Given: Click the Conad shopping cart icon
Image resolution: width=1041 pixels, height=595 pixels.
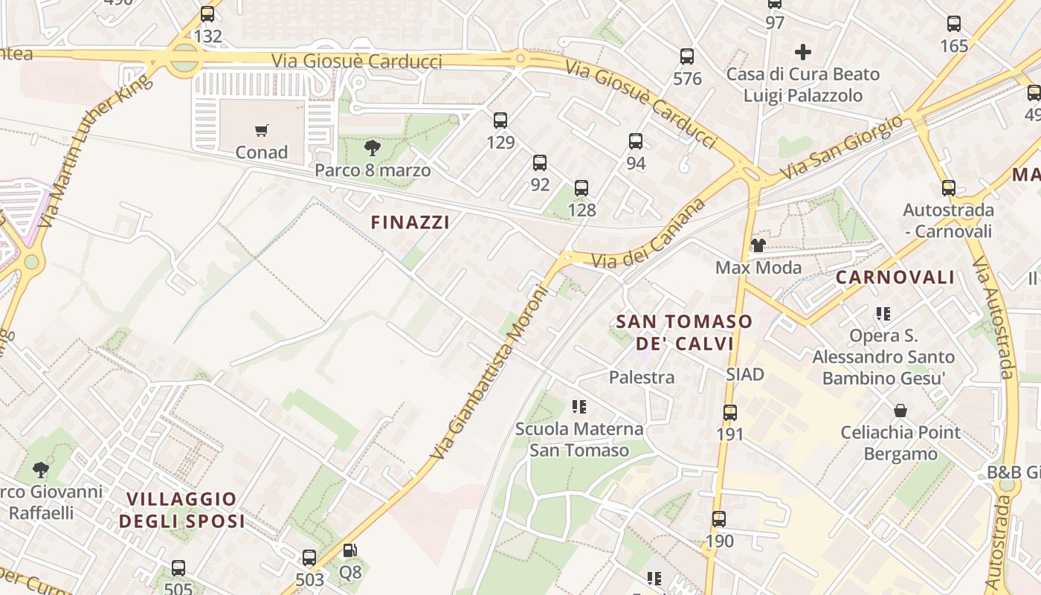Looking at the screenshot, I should (x=261, y=131).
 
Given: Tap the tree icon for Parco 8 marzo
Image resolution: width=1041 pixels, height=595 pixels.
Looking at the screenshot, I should (x=373, y=148).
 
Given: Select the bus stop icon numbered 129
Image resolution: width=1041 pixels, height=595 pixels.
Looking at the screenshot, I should (x=500, y=120).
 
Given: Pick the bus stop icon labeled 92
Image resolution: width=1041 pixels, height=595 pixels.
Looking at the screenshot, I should (x=540, y=163).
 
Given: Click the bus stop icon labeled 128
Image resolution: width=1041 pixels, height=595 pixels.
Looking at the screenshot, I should (x=581, y=188).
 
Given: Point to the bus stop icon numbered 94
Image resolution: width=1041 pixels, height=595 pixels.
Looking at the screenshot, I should (x=636, y=141).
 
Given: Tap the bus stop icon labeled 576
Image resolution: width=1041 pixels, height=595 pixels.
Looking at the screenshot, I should (x=687, y=57).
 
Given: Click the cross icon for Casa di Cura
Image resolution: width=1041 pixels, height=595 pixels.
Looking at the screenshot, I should (x=803, y=52).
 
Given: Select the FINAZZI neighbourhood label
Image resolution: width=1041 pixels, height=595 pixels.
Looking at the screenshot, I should (x=410, y=222).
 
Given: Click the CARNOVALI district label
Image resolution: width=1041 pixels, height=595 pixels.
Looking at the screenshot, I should (x=895, y=277).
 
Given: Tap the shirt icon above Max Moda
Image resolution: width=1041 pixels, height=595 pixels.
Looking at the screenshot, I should (x=758, y=245).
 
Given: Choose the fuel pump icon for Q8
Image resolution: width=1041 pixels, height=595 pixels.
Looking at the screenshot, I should (x=349, y=551).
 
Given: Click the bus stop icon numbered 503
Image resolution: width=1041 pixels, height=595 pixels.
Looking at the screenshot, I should (x=309, y=557).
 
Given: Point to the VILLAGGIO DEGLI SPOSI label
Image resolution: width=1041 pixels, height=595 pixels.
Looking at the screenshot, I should (x=181, y=509).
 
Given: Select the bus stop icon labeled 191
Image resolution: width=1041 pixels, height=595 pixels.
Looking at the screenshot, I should (x=730, y=412).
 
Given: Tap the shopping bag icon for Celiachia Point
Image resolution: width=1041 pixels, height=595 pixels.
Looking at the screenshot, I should (x=900, y=411).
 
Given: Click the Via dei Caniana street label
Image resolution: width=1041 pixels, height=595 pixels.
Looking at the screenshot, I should (x=648, y=234).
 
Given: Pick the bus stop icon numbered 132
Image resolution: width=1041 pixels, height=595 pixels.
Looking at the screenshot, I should (x=207, y=14).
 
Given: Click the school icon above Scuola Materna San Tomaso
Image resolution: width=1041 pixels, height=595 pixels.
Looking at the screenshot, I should (x=579, y=407).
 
